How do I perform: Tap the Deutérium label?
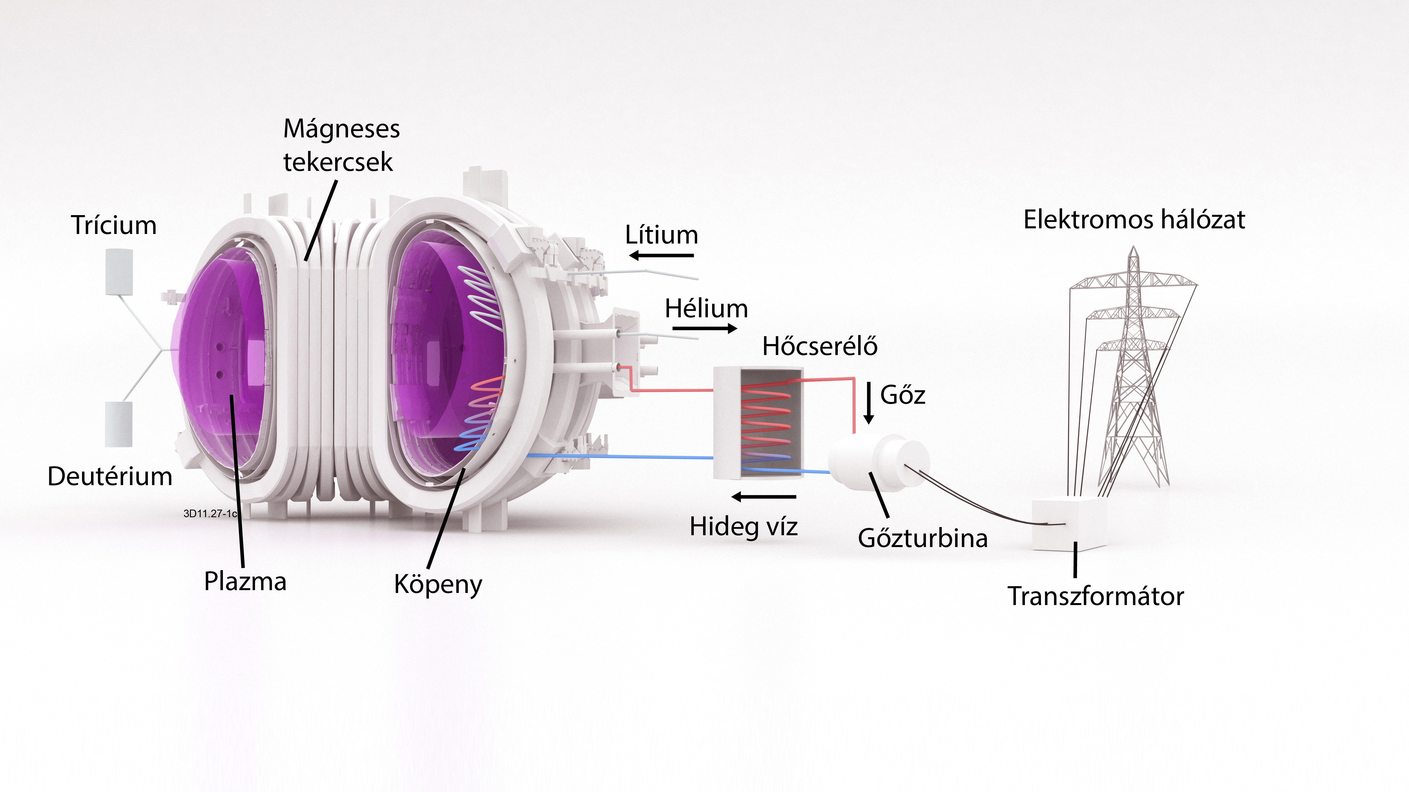110,476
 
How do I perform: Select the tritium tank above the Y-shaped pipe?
119,272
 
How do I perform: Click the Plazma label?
245,581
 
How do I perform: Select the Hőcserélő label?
820,346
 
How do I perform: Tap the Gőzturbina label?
923,538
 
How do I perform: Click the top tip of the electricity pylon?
1134,247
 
